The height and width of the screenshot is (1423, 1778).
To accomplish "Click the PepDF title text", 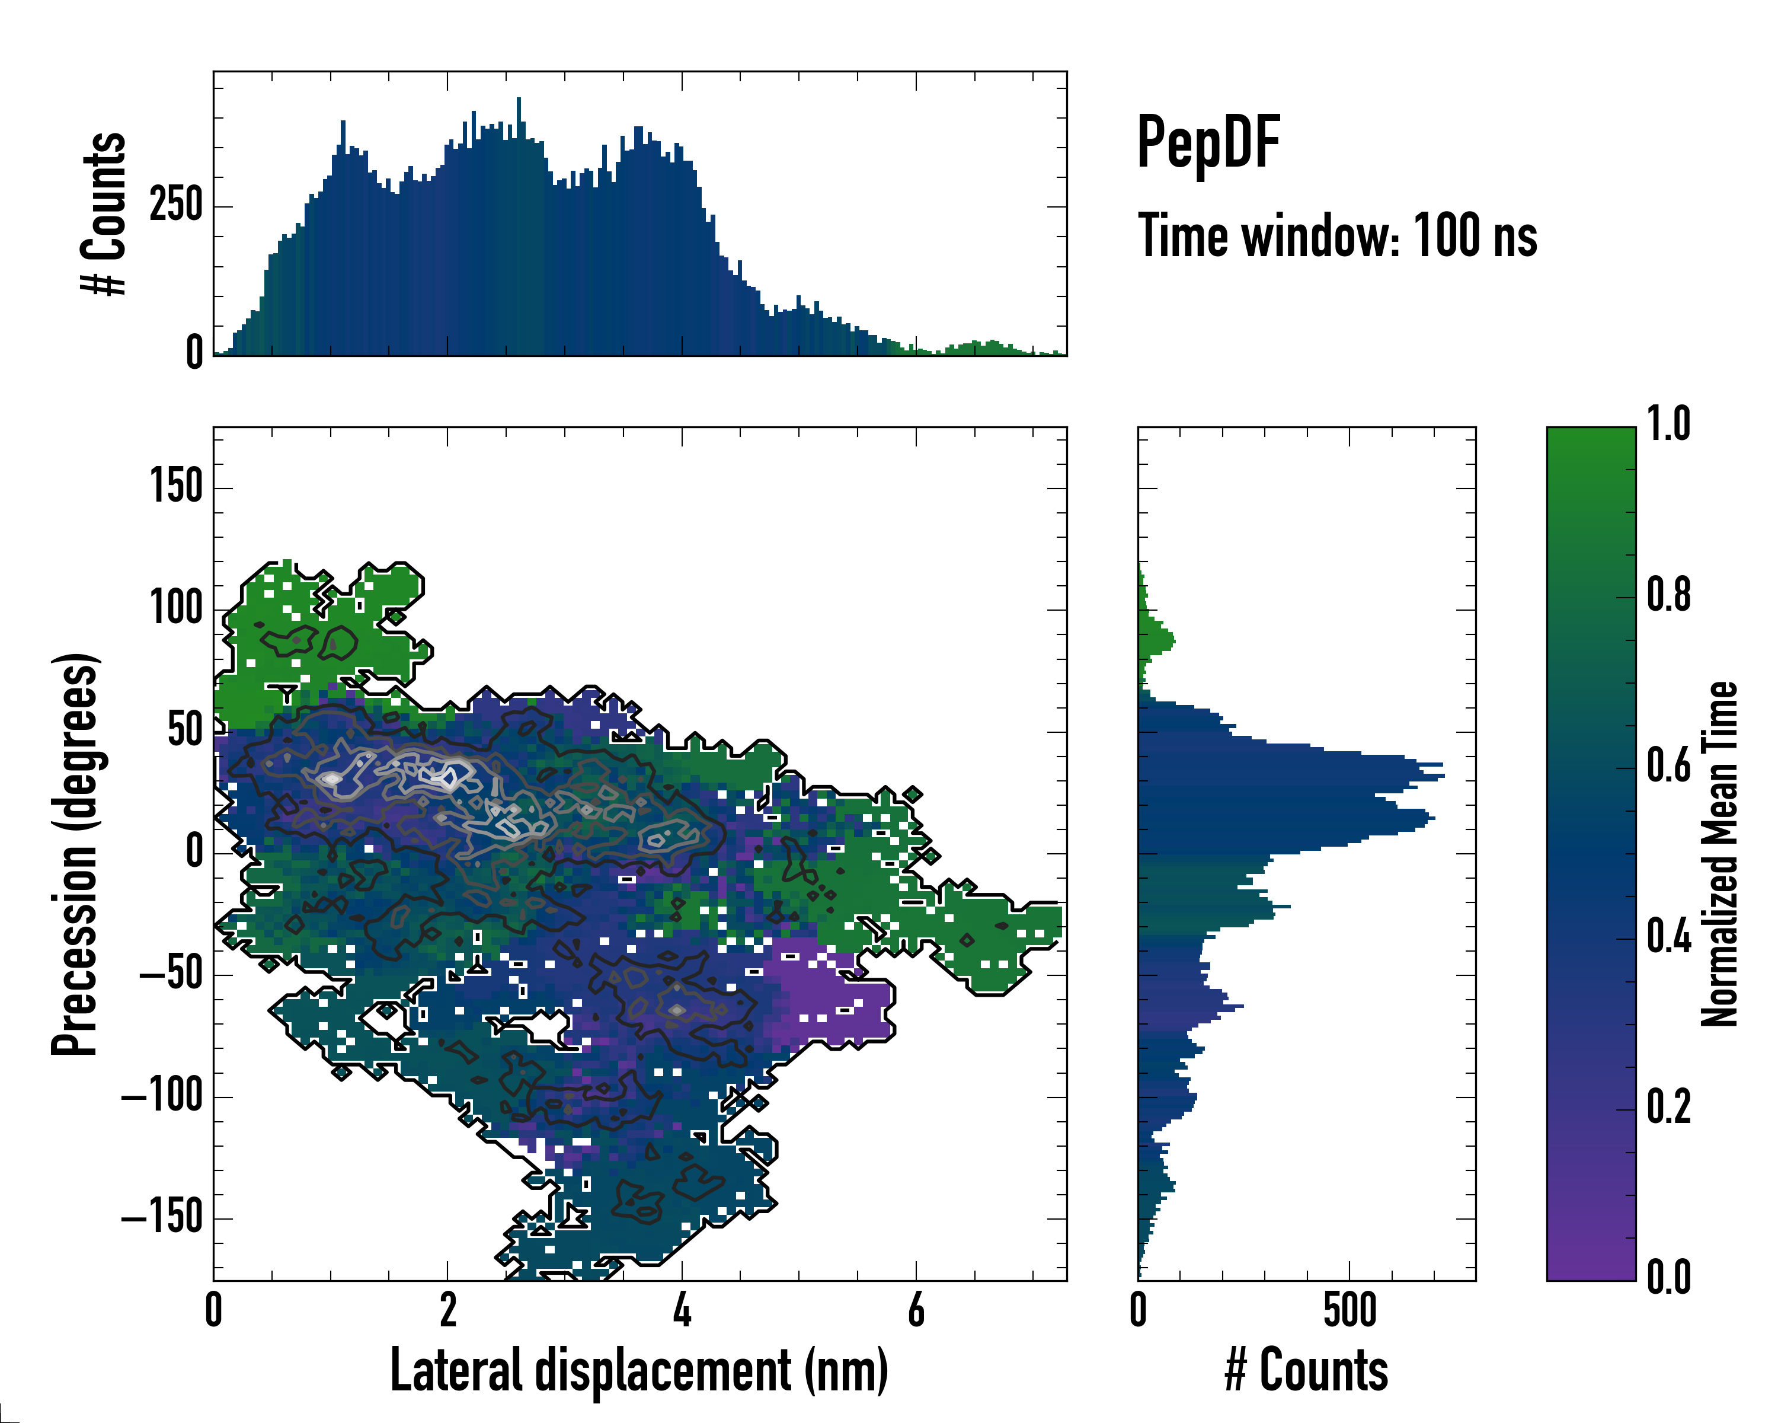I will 1208,143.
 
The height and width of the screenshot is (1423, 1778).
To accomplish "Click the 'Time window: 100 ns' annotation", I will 1337,236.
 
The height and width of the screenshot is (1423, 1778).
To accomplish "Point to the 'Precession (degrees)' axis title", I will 75,853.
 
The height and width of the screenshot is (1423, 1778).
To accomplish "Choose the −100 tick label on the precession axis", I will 162,1096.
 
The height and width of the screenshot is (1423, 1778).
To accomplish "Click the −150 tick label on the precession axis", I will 162,1218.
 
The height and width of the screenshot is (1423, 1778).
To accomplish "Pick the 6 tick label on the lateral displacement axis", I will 916,1310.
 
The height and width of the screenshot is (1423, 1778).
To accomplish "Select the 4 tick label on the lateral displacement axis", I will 681,1310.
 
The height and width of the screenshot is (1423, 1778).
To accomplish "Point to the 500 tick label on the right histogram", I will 1349,1310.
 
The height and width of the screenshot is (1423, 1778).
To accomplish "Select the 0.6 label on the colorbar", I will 1668,765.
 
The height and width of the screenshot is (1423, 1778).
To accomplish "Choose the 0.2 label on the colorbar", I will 1668,1106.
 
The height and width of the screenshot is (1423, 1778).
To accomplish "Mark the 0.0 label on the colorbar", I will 1668,1277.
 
